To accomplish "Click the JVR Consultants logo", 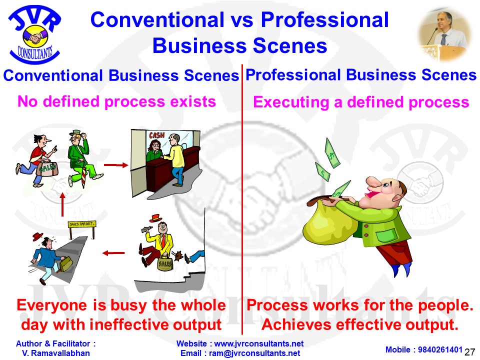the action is point(35,34).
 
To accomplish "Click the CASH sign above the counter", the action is point(156,135).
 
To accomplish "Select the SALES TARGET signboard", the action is point(81,224).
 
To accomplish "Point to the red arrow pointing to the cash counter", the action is point(115,165).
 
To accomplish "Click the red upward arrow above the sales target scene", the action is point(62,204).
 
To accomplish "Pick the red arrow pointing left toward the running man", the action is point(113,253).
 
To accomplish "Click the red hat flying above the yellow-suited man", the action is point(155,218).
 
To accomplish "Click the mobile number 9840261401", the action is point(440,349).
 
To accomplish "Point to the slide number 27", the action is point(469,352).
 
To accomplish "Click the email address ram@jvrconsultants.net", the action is point(254,353).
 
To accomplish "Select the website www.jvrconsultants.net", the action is point(258,344).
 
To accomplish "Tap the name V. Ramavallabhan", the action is point(55,353).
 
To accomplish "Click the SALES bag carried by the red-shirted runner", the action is point(47,168).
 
